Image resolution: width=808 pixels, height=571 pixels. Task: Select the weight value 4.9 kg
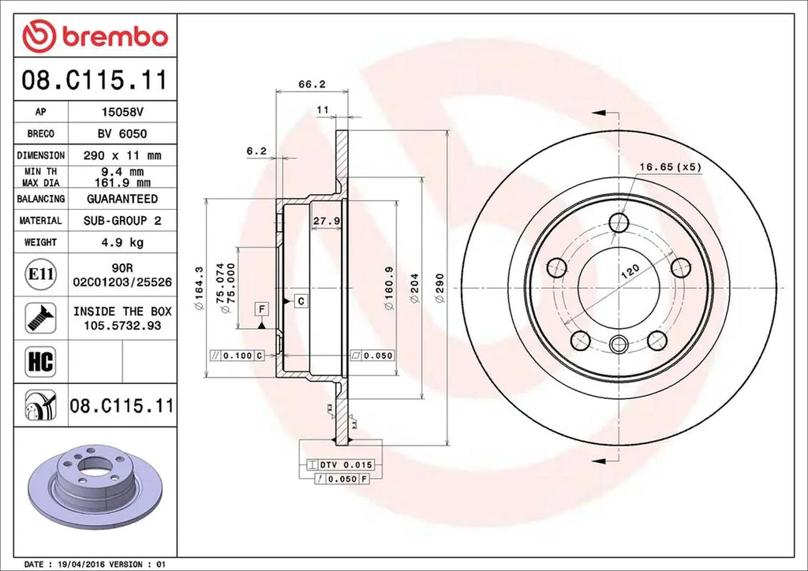(x=122, y=243)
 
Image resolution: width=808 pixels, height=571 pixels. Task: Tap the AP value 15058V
(x=122, y=112)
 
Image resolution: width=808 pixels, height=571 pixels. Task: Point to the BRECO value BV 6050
(x=122, y=134)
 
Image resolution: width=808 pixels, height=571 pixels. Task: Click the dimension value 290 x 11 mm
(x=122, y=155)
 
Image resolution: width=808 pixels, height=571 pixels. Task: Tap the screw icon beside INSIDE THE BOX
(x=40, y=317)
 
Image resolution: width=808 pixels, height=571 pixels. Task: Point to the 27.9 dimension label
(x=326, y=221)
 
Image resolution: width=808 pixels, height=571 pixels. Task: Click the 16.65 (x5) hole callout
(x=670, y=166)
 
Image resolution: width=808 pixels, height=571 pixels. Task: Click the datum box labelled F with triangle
(x=261, y=307)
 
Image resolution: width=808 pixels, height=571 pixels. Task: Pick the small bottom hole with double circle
(x=619, y=343)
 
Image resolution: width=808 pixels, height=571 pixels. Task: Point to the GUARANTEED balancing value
(x=122, y=199)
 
